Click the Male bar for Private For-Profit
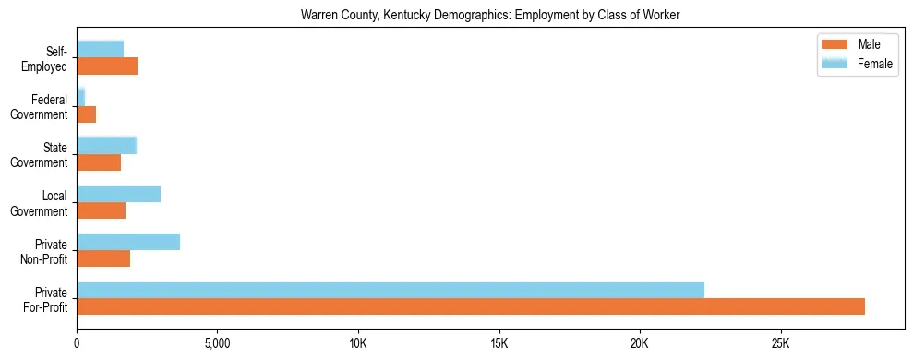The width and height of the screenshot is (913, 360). (x=471, y=306)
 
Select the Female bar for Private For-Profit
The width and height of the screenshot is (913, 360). (x=390, y=290)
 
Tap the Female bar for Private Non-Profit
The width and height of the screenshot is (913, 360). (x=128, y=242)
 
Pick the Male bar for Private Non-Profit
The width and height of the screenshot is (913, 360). (x=103, y=258)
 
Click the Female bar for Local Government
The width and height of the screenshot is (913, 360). (x=118, y=194)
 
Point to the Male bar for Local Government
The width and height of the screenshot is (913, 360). (x=101, y=210)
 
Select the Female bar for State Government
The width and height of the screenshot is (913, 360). (x=106, y=145)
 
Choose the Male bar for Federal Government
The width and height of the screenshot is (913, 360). (x=86, y=114)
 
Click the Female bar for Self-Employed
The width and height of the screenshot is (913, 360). (x=100, y=49)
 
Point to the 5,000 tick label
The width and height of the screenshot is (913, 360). (x=217, y=343)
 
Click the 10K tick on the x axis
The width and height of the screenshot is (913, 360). (x=358, y=343)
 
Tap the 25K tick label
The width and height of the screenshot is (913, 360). (x=780, y=343)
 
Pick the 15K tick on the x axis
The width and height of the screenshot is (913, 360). (x=499, y=343)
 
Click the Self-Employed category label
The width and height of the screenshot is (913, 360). (x=48, y=58)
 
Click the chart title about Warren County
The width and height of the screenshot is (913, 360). (x=490, y=16)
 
